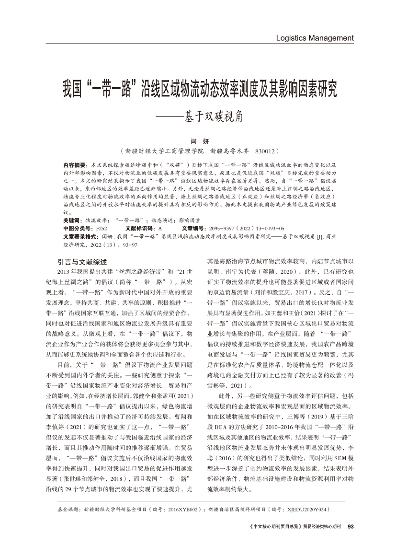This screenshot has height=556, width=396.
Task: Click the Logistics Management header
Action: pos(315,38)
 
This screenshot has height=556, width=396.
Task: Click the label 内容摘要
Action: pos(74,164)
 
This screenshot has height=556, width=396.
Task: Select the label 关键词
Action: pos(71,220)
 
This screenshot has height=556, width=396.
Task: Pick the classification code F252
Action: pos(102,229)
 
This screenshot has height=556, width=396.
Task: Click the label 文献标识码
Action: pos(139,229)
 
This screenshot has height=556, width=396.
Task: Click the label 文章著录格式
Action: pos(80,237)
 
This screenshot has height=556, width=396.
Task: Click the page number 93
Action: pos(350,526)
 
